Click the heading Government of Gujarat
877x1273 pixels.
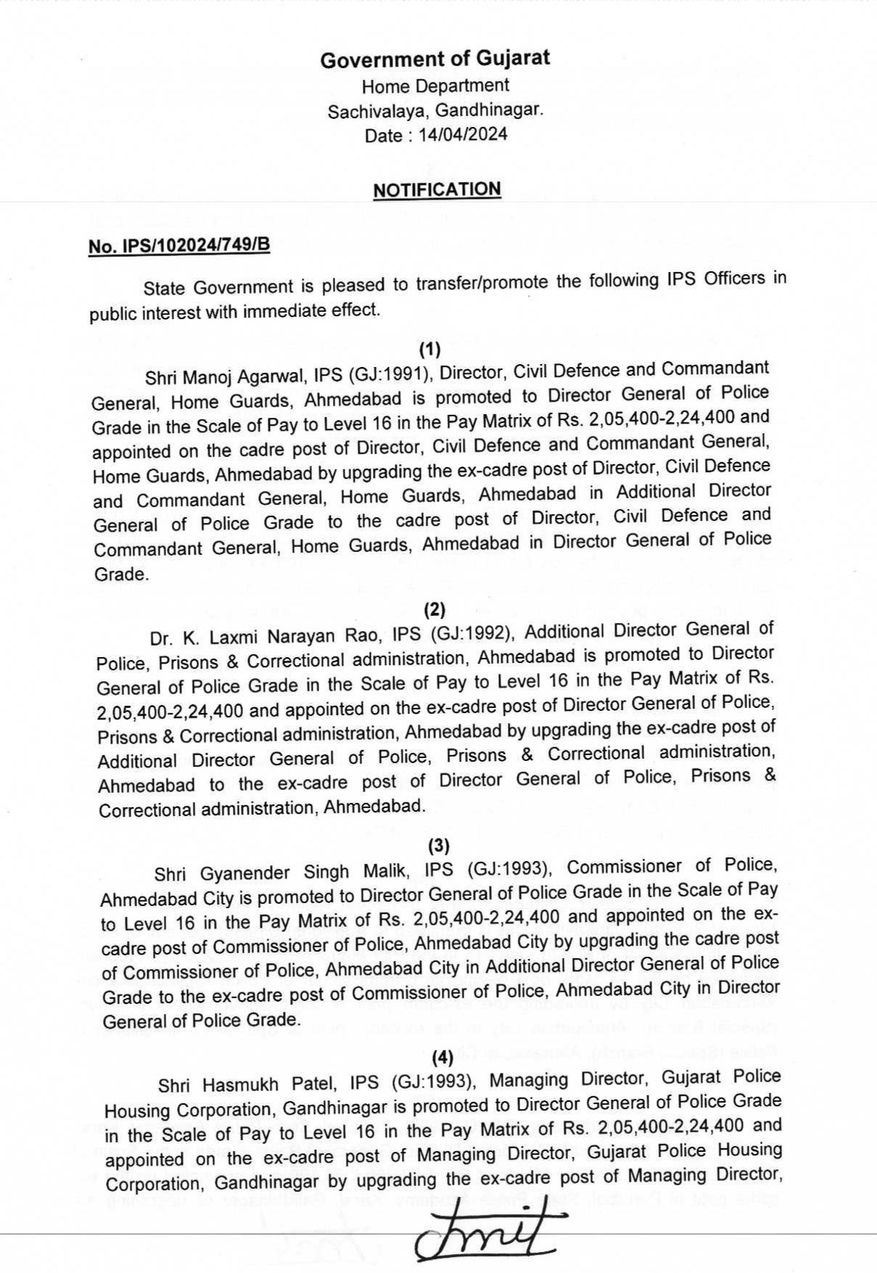(x=435, y=59)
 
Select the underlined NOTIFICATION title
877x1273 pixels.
(x=437, y=190)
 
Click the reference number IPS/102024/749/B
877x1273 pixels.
(x=179, y=246)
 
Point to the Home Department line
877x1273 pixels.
(x=435, y=86)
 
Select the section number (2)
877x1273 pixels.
(x=434, y=609)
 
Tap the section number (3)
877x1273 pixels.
(x=438, y=845)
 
